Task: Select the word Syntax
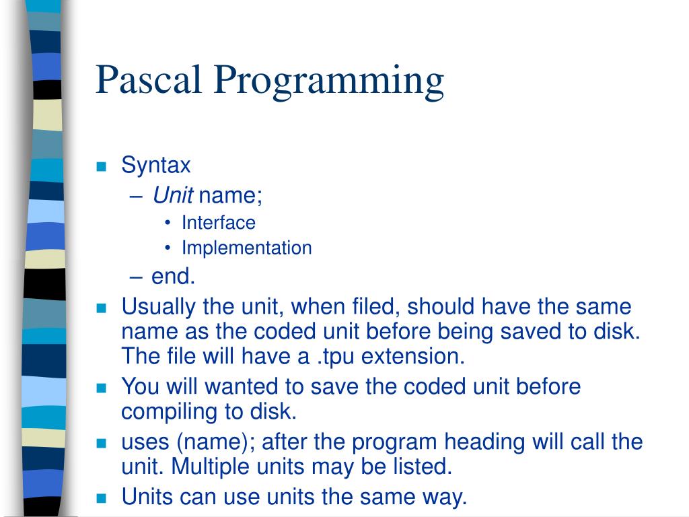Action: point(156,166)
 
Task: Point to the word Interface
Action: point(218,222)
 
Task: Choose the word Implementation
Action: point(246,248)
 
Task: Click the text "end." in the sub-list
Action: point(173,276)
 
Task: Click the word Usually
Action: point(159,308)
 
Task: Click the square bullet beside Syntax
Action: point(102,167)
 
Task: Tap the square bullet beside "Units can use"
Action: point(102,499)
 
